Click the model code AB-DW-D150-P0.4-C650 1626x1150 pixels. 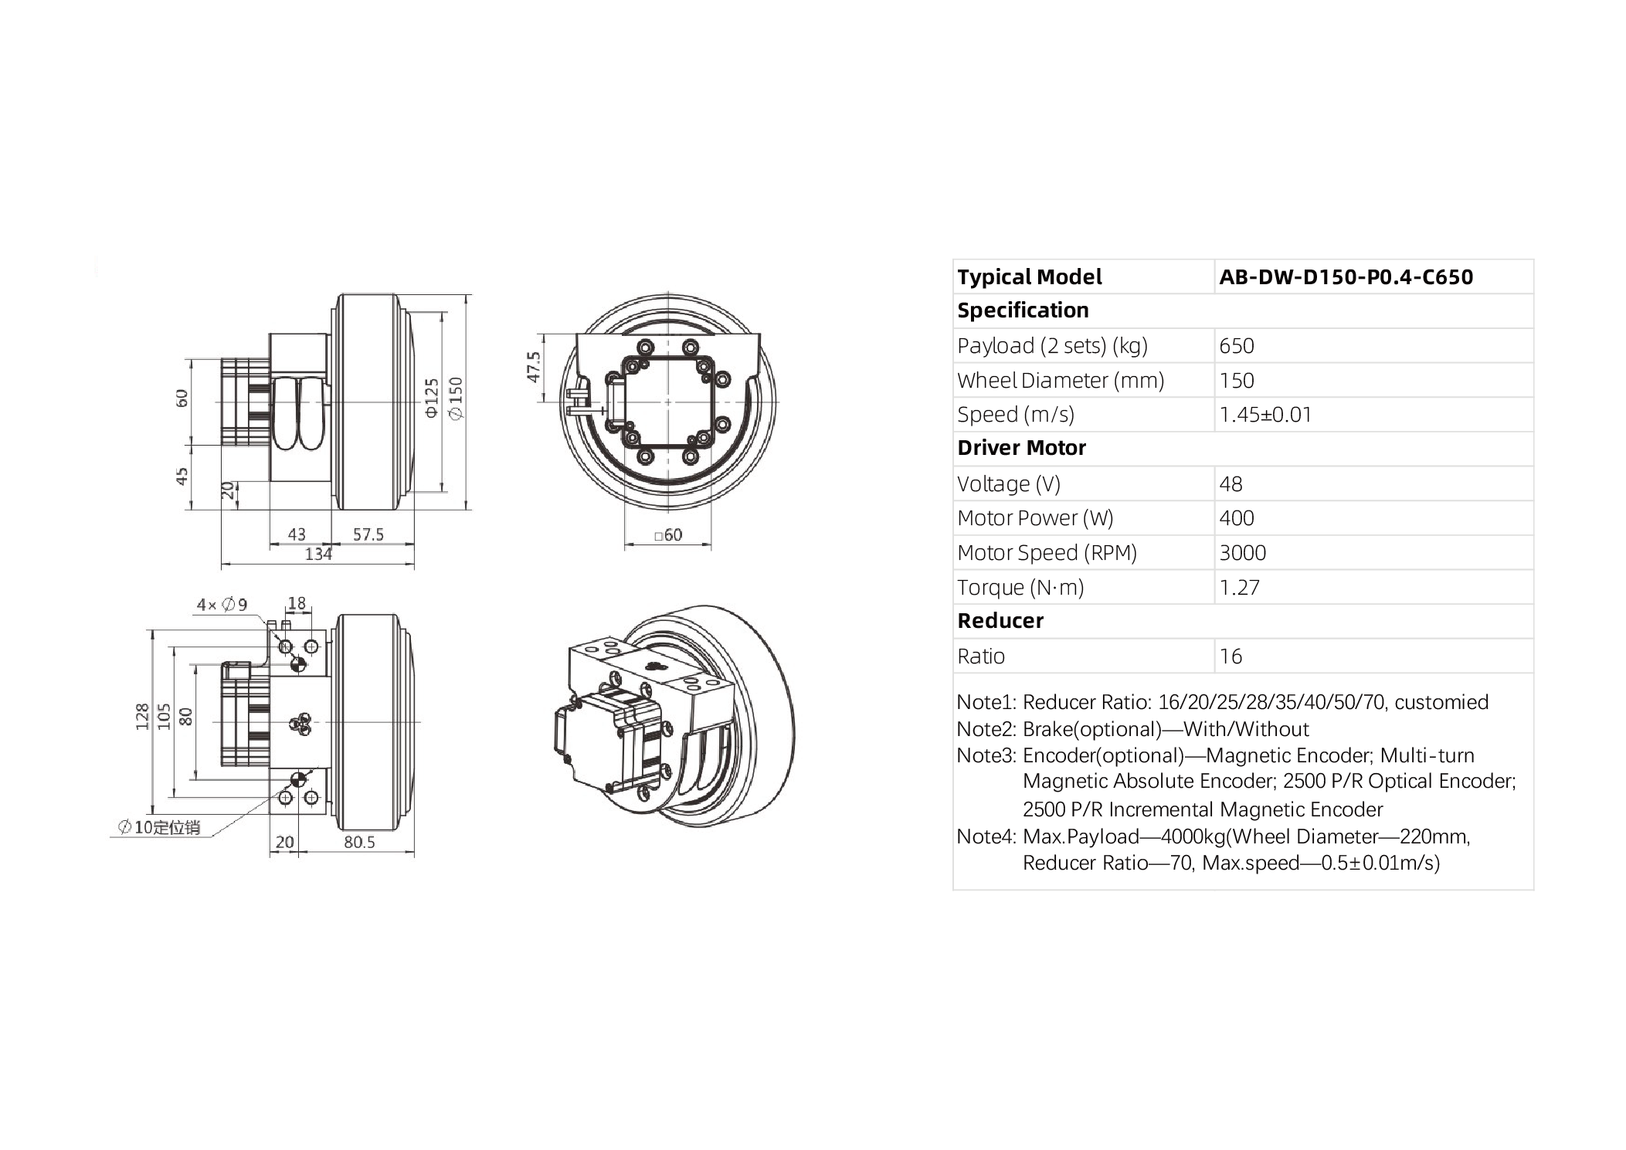(1346, 277)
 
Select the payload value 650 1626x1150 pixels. (1236, 346)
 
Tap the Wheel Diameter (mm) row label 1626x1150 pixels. (1060, 381)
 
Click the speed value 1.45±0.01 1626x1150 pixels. (1264, 415)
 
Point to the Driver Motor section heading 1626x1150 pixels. (1021, 448)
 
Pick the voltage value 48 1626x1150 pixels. (1231, 484)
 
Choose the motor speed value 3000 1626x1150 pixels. (1242, 553)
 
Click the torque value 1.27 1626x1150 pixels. (1239, 588)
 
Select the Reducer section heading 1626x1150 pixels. (1000, 621)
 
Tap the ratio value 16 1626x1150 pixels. (1231, 656)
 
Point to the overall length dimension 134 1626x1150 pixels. (318, 554)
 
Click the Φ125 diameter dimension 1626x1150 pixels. (432, 398)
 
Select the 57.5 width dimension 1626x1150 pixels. (368, 534)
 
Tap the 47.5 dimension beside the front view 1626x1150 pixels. (533, 367)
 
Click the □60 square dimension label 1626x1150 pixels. (668, 535)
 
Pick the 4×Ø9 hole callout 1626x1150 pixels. (222, 605)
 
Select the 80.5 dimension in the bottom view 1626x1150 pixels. (359, 842)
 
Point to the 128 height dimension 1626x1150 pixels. (142, 717)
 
